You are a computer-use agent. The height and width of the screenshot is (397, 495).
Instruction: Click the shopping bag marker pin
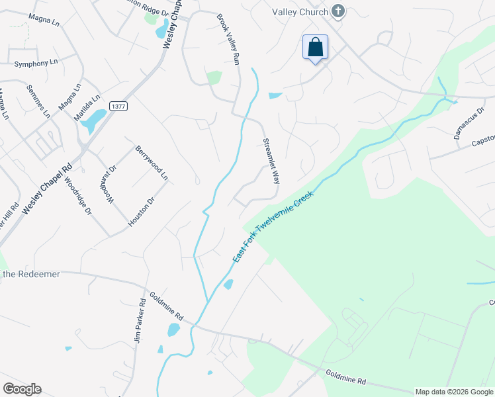pos(316,48)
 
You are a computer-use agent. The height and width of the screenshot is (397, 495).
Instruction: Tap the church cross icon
pos(338,11)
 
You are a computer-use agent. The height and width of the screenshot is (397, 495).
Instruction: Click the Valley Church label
pos(300,12)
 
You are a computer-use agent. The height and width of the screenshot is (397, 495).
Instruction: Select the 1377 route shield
pos(118,106)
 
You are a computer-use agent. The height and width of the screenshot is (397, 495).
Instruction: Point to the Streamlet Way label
pos(270,161)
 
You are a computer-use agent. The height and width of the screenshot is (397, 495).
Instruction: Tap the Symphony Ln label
pos(32,64)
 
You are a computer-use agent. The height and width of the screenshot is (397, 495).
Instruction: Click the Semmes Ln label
pos(38,101)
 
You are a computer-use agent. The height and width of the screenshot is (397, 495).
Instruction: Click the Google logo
pos(21,389)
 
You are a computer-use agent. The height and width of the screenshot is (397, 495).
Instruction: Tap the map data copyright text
pos(454,392)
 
